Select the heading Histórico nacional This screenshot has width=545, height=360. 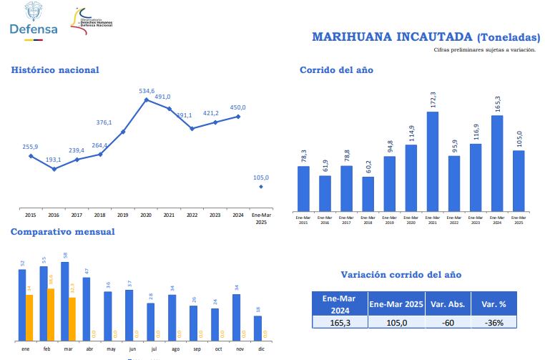tap(55, 69)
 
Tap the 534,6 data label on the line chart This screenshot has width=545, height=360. tap(147, 91)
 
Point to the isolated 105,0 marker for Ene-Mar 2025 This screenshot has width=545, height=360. tap(261, 187)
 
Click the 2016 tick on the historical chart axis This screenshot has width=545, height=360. tap(54, 215)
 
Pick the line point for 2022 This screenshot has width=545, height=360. tap(192, 129)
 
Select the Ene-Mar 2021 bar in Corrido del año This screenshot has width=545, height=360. tap(433, 160)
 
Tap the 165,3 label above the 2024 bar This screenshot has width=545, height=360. tap(497, 104)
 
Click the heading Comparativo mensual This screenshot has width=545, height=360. tap(62, 231)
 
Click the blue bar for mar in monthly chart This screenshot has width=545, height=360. tap(64, 301)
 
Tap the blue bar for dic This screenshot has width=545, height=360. tap(257, 328)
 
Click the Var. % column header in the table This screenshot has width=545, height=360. tap(494, 304)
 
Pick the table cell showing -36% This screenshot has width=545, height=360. tap(494, 323)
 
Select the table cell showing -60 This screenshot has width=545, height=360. tap(447, 323)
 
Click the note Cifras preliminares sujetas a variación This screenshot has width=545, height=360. tap(484, 50)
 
